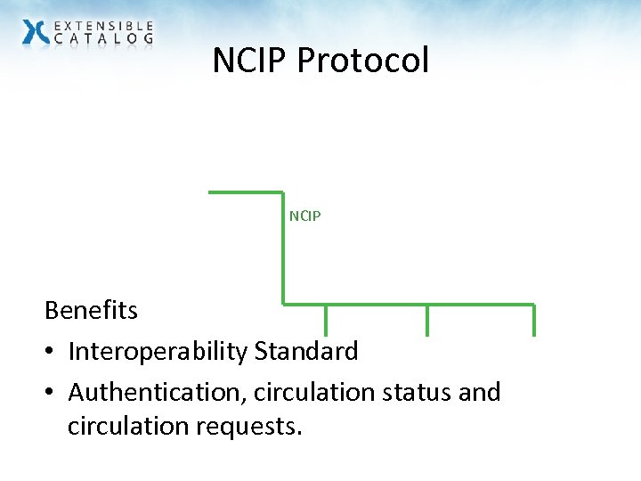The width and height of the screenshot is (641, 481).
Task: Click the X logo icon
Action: pos(36,32)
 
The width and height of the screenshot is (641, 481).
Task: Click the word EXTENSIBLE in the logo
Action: pos(103,25)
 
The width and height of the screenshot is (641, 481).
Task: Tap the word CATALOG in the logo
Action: pos(103,39)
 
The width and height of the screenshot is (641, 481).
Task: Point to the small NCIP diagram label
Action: pos(304,216)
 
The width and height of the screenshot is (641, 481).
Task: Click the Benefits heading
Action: pos(91,311)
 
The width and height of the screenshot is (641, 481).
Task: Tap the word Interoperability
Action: pos(158,351)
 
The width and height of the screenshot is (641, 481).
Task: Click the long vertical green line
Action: pos(283,249)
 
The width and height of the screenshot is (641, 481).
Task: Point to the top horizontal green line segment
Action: pos(245,192)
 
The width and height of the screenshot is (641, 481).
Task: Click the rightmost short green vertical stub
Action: pos(534,320)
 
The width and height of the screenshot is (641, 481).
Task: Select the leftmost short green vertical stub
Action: pos(325,320)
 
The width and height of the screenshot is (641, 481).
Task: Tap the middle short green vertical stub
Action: pos(427,320)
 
